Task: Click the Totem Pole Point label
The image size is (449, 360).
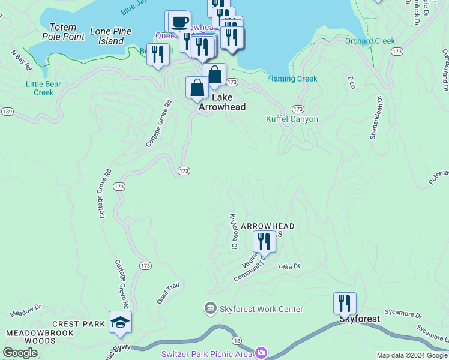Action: pyautogui.click(x=63, y=32)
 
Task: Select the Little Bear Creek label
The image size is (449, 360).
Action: pyautogui.click(x=44, y=88)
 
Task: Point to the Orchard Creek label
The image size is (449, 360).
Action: pyautogui.click(x=370, y=41)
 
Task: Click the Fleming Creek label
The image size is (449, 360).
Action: pyautogui.click(x=292, y=79)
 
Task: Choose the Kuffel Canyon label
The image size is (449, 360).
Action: pyautogui.click(x=292, y=119)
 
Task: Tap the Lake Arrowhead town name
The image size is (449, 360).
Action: pyautogui.click(x=223, y=101)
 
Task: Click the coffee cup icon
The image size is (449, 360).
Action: pyautogui.click(x=179, y=22)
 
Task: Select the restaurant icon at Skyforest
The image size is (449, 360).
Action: pyautogui.click(x=345, y=303)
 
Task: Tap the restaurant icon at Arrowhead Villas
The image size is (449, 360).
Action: pyautogui.click(x=264, y=241)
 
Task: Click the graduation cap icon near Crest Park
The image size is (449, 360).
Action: pyautogui.click(x=120, y=322)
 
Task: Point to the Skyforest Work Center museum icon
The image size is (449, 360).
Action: pyautogui.click(x=210, y=309)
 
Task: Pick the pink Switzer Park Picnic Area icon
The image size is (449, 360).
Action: pyautogui.click(x=261, y=353)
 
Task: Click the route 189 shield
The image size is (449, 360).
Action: pyautogui.click(x=7, y=112)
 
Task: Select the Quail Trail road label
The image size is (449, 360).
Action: pyautogui.click(x=167, y=293)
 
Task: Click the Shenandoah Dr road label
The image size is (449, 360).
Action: pyautogui.click(x=376, y=117)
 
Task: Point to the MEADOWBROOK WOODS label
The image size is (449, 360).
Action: pyautogui.click(x=40, y=337)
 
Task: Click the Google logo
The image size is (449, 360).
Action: pyautogui.click(x=20, y=353)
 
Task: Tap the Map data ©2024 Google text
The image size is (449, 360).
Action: pyautogui.click(x=412, y=355)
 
